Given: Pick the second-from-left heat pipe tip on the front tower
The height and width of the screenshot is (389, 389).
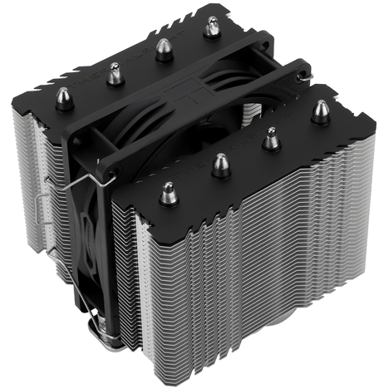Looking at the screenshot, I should [220, 164].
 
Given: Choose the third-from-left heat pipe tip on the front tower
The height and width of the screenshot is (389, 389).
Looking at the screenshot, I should [270, 139].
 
